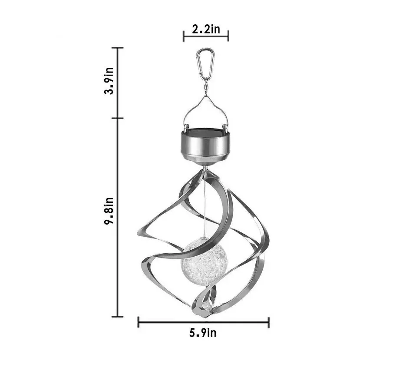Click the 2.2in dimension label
(206, 30)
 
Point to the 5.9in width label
(203, 333)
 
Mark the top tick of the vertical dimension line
(117, 47)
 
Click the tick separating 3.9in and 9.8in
(117, 118)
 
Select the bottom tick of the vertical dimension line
(117, 316)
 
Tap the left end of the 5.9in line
(138, 322)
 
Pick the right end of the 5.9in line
(269, 322)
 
